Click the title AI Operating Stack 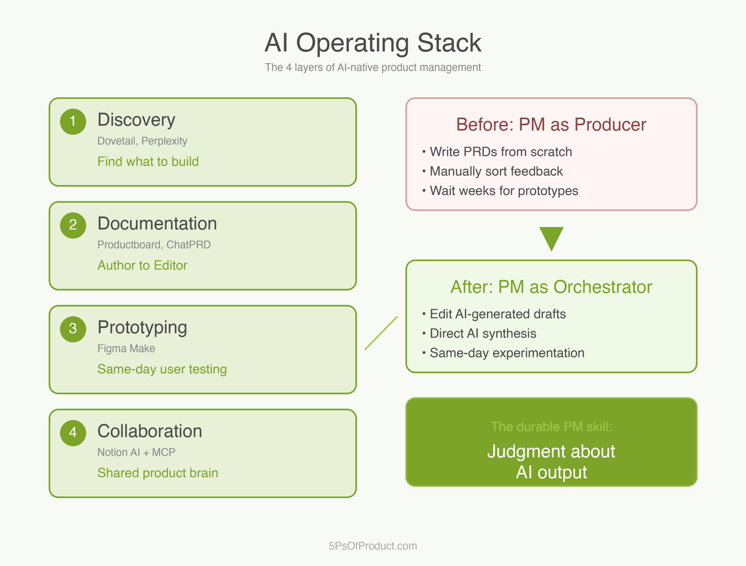373,43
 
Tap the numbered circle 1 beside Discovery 73,122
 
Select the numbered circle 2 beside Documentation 73,225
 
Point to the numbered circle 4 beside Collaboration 73,433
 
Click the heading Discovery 136,120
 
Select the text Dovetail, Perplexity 142,141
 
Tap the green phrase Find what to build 148,161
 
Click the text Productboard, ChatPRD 154,245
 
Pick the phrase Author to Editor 142,266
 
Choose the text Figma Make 126,349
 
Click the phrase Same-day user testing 162,369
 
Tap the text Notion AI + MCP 136,452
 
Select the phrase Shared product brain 157,473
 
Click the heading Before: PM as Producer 551,124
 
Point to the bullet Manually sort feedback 496,171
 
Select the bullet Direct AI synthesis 483,334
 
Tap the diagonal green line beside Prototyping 381,333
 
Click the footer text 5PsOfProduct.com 373,546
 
